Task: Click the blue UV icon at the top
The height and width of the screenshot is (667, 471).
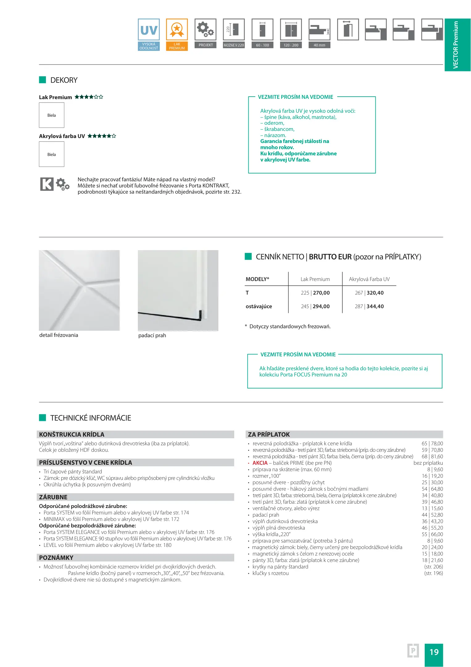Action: [x=149, y=30]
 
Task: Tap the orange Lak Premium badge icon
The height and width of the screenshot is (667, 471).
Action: [x=177, y=30]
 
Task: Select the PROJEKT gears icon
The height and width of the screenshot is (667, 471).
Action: [x=205, y=30]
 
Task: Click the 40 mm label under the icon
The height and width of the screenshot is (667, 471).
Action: [x=319, y=45]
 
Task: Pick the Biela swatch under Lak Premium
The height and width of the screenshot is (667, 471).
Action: [x=52, y=115]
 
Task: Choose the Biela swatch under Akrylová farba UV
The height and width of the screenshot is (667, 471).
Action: [x=52, y=154]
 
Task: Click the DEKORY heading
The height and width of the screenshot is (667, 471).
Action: [x=64, y=80]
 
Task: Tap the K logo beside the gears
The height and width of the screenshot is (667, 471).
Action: [x=47, y=184]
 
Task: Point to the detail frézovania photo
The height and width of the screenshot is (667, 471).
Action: [x=79, y=290]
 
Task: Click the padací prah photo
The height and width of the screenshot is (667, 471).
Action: [x=178, y=290]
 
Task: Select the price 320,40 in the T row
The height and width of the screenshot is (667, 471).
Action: [x=375, y=293]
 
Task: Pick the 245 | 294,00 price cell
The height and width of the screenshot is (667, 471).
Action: [x=315, y=306]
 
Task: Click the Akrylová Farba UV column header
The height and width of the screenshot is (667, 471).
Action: [x=369, y=279]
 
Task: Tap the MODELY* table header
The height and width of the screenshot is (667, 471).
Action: [x=257, y=279]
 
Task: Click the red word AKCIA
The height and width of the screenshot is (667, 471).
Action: [x=260, y=463]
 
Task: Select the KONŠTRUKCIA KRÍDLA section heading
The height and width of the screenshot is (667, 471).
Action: [x=72, y=434]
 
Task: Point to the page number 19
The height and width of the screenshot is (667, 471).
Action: [x=434, y=652]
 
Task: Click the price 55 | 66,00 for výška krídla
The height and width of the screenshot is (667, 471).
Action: [x=432, y=534]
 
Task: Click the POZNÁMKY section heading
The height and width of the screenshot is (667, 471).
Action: [x=56, y=558]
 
